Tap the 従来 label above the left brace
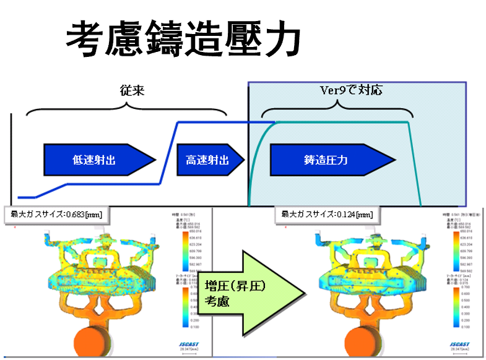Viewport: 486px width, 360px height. point(132,90)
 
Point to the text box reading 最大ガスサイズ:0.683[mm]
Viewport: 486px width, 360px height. point(54,215)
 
